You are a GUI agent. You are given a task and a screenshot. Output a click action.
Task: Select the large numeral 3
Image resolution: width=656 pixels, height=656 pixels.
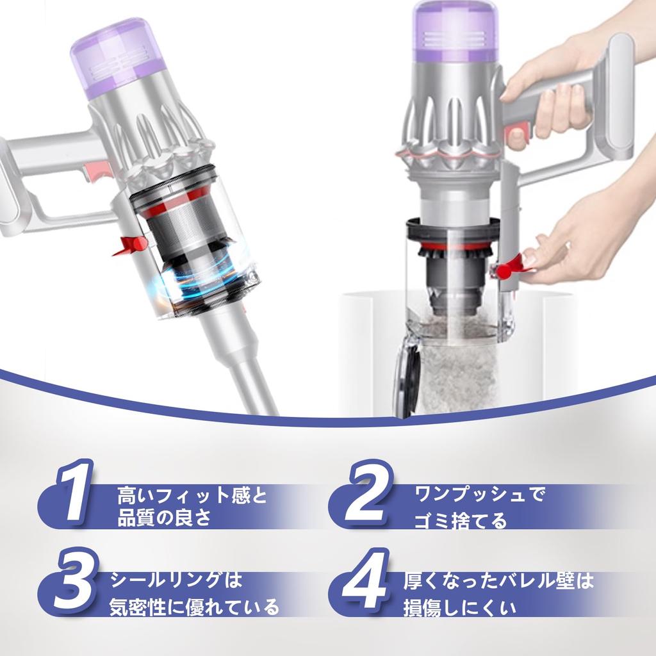click(x=72, y=581)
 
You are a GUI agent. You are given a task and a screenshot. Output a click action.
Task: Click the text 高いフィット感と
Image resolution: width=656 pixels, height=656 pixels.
click(x=192, y=495)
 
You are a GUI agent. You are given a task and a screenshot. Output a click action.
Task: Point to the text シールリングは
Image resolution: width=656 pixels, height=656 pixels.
click(x=176, y=580)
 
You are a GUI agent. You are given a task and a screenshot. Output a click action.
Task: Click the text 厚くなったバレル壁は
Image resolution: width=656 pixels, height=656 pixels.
click(x=499, y=581)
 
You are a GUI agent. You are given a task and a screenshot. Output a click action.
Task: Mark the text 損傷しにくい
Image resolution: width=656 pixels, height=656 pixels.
click(x=459, y=607)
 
